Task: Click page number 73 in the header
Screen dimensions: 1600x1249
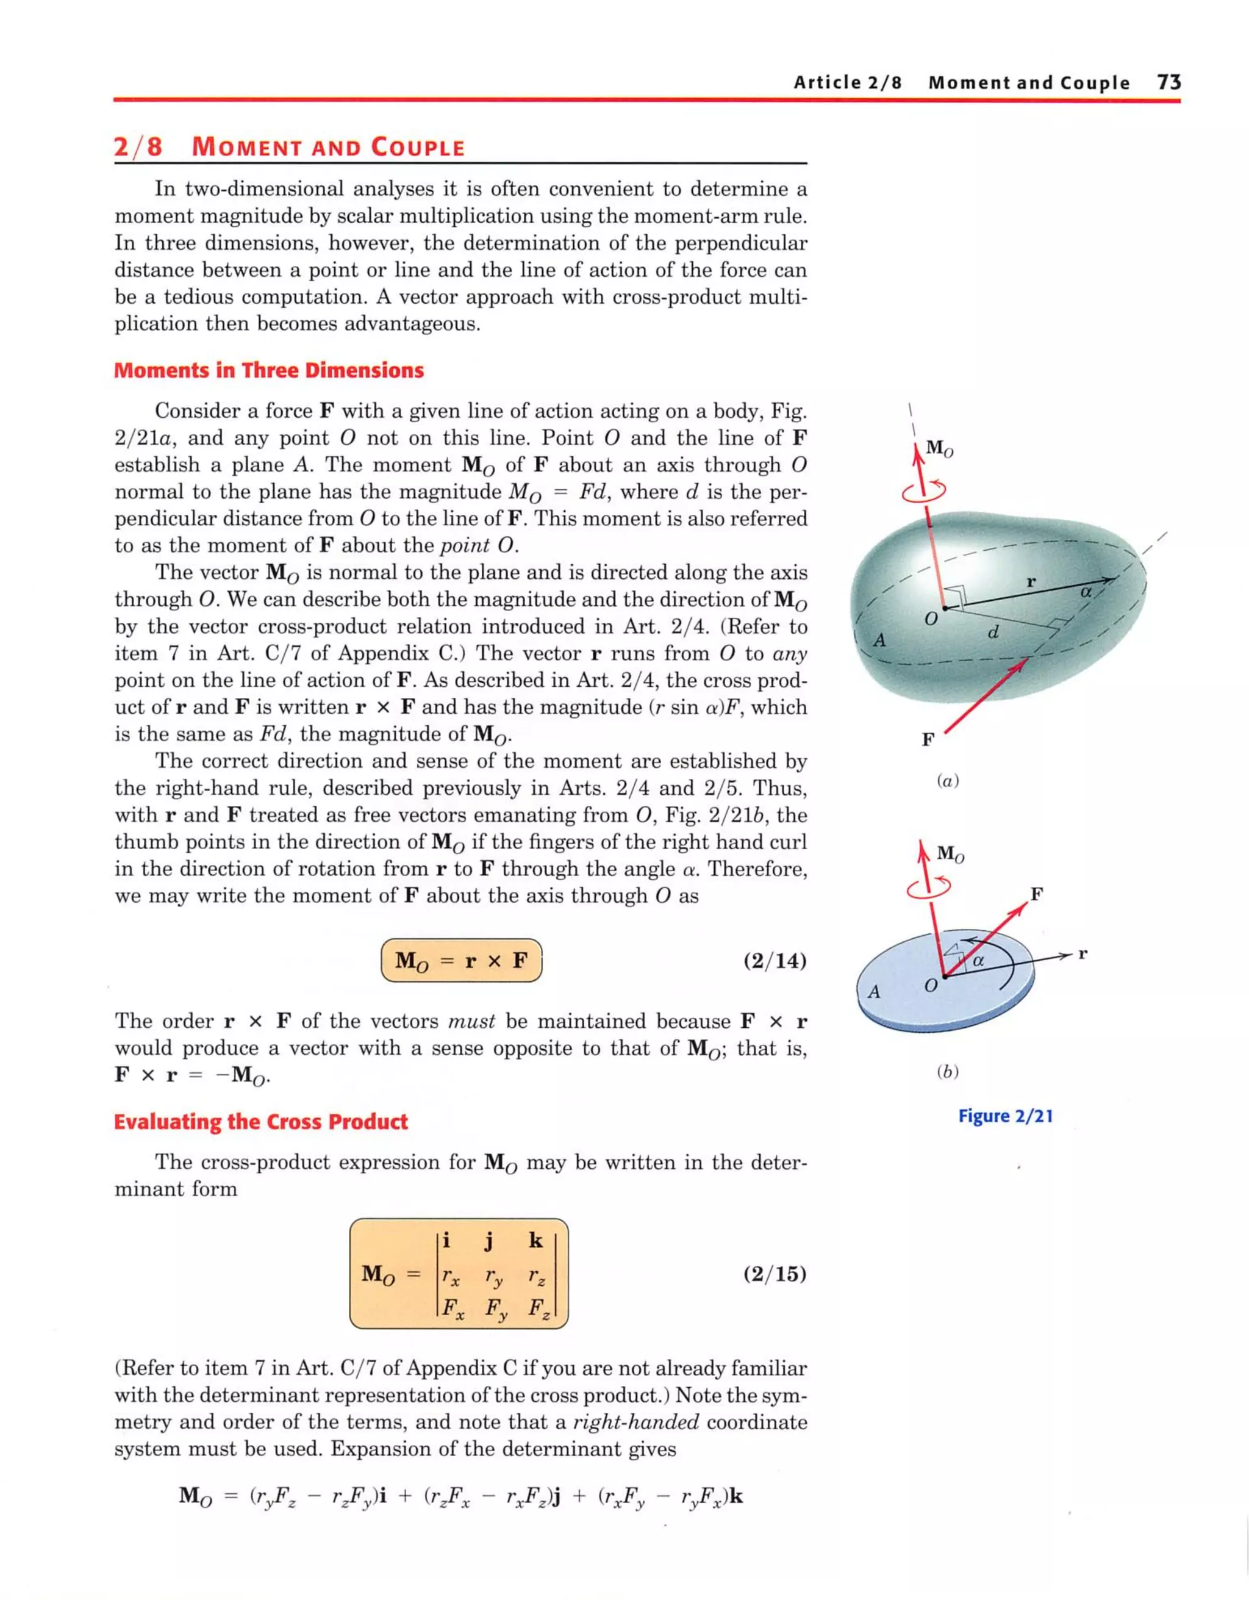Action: point(1169,82)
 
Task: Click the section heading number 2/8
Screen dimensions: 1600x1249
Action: point(138,146)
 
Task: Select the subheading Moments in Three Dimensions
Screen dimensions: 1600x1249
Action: point(269,370)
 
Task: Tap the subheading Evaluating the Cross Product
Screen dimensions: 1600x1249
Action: point(261,1122)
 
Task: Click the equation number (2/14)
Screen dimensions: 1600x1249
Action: point(775,961)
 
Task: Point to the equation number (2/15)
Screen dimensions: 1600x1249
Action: point(775,1274)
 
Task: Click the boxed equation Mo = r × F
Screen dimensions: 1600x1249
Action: point(461,961)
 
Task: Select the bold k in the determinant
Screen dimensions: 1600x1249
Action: point(536,1240)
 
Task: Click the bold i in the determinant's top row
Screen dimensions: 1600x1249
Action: point(446,1240)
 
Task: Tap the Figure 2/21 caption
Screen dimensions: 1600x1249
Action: point(1006,1116)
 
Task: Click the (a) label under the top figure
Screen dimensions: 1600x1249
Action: point(948,781)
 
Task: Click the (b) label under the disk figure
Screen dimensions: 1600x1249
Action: point(948,1072)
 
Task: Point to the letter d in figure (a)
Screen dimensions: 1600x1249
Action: point(993,631)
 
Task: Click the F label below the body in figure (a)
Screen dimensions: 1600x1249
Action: point(928,739)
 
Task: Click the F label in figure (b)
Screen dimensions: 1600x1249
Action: point(1037,894)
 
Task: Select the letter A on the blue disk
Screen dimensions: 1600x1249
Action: point(874,992)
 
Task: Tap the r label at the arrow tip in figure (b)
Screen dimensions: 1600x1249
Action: point(1083,953)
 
